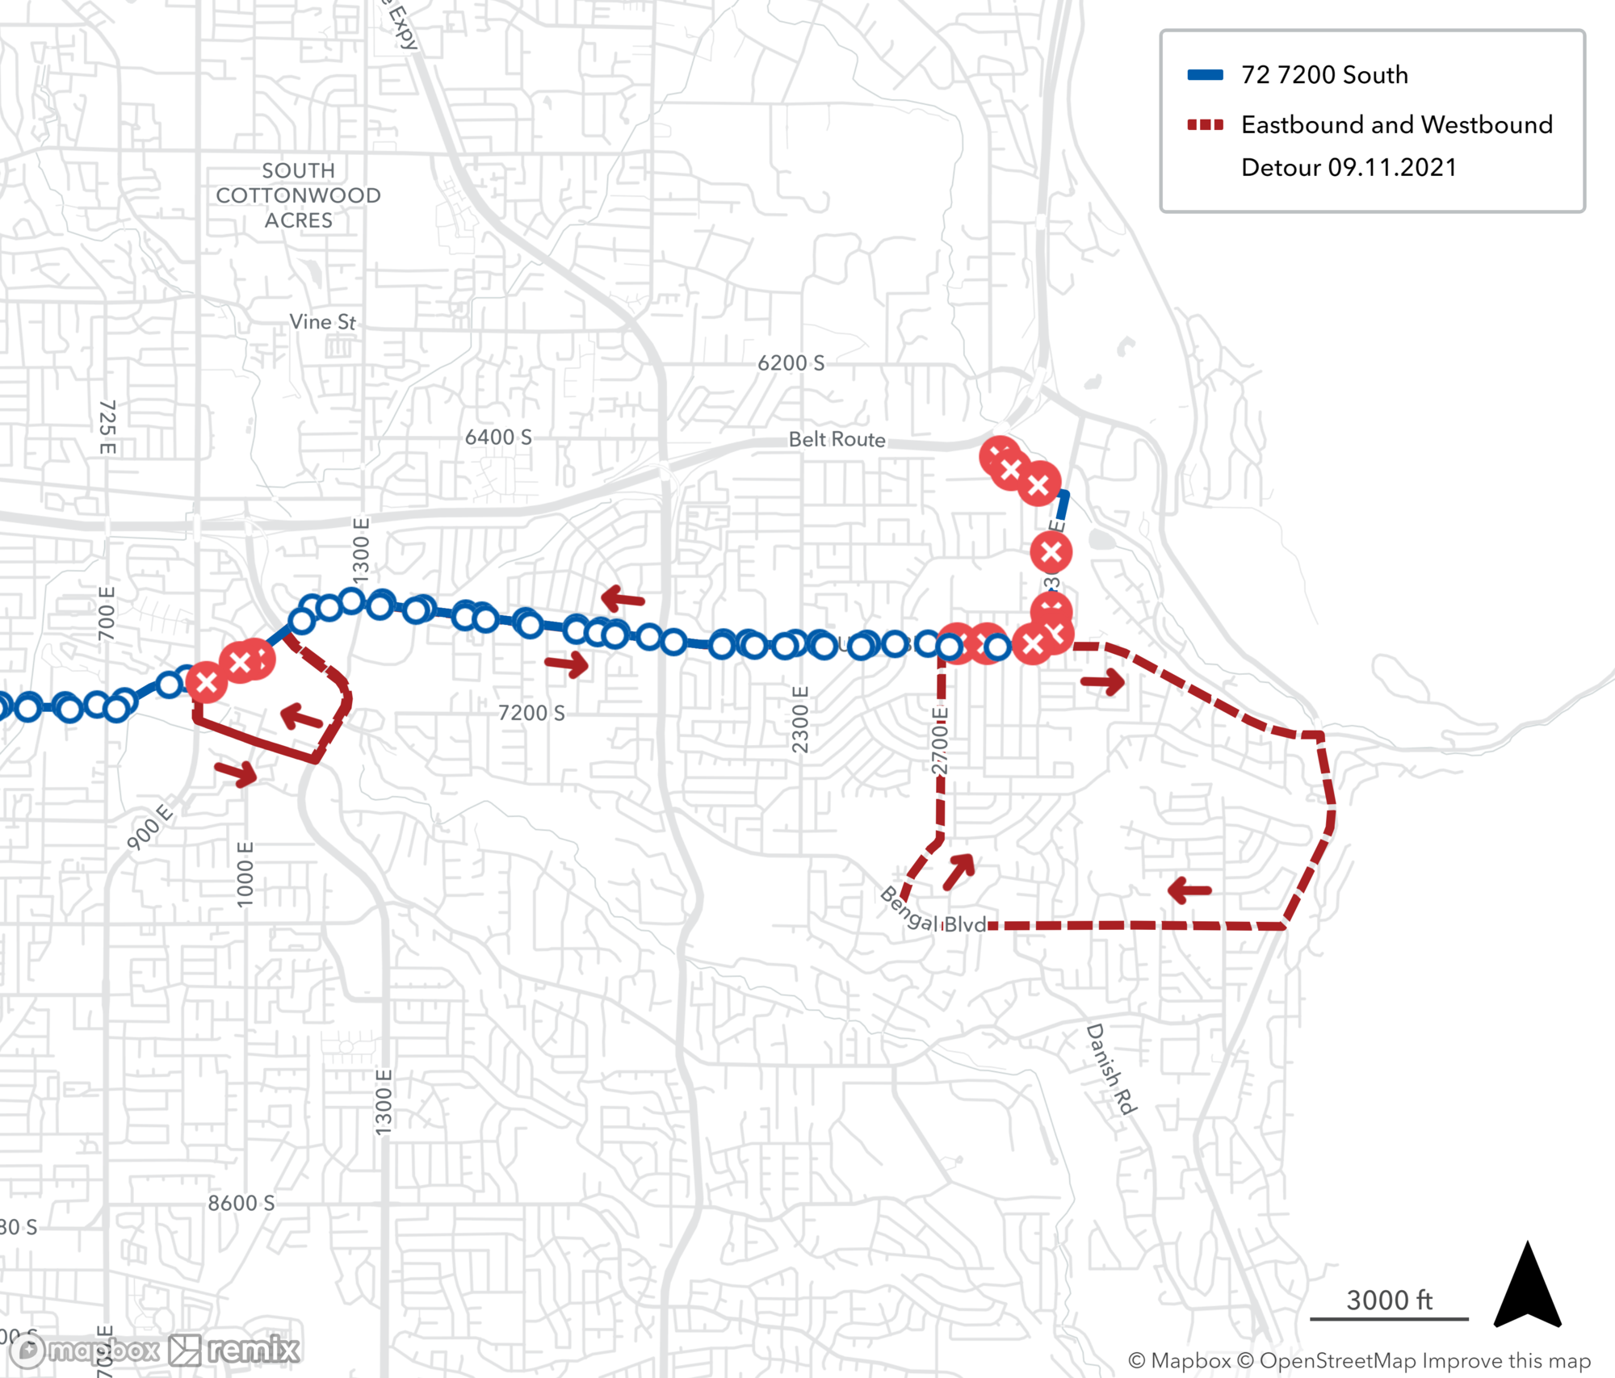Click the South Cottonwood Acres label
pos(298,195)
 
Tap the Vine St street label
pos(322,322)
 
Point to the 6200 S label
pos(791,363)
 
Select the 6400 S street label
pos(498,438)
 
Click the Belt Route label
pos(837,439)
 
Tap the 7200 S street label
pos(531,713)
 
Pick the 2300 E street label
pos(799,719)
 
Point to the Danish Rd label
pos(1111,1069)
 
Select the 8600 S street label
pos(241,1203)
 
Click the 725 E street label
pos(107,427)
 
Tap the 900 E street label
pos(150,826)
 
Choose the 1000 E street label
pos(245,873)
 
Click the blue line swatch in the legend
pos(1205,75)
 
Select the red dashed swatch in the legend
pos(1205,125)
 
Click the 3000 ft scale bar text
pos(1389,1300)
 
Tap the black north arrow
pos(1527,1287)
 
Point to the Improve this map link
pos(1506,1360)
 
